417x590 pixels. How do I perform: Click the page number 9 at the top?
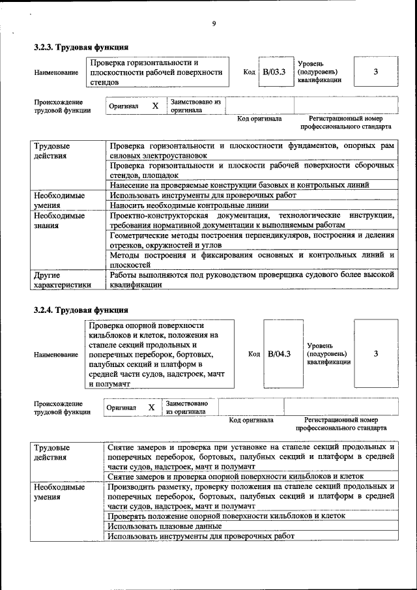[x=213, y=24]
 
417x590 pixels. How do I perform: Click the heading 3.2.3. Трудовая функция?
[x=81, y=48]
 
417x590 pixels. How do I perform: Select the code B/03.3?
[x=274, y=72]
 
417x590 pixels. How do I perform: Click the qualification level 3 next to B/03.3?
[x=376, y=72]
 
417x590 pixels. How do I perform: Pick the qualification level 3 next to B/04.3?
[x=376, y=353]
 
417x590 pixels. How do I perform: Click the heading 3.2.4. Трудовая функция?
[x=81, y=310]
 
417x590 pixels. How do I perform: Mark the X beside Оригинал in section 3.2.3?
[x=155, y=106]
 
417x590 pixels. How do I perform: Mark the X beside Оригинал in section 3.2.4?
[x=151, y=407]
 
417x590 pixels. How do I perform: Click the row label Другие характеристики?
[x=62, y=280]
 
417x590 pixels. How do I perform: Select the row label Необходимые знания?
[x=59, y=220]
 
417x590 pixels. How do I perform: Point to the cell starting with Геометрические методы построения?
[x=252, y=240]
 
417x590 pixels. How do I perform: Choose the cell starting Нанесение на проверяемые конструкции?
[x=251, y=185]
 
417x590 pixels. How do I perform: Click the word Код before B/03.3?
[x=249, y=72]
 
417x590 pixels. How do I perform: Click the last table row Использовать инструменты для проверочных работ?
[x=201, y=536]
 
